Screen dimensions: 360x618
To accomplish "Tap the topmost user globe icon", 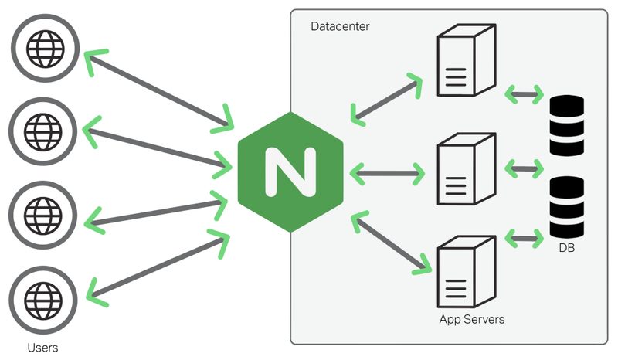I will click(43, 49).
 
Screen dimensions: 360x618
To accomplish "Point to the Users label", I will click(42, 347).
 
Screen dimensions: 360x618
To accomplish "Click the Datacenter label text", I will click(340, 27).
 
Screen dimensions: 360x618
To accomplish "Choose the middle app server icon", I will click(464, 168).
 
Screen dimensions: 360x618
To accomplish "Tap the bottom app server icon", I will click(464, 274).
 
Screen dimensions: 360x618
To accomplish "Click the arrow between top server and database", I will click(523, 95).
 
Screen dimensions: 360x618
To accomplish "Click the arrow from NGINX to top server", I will click(386, 98).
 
